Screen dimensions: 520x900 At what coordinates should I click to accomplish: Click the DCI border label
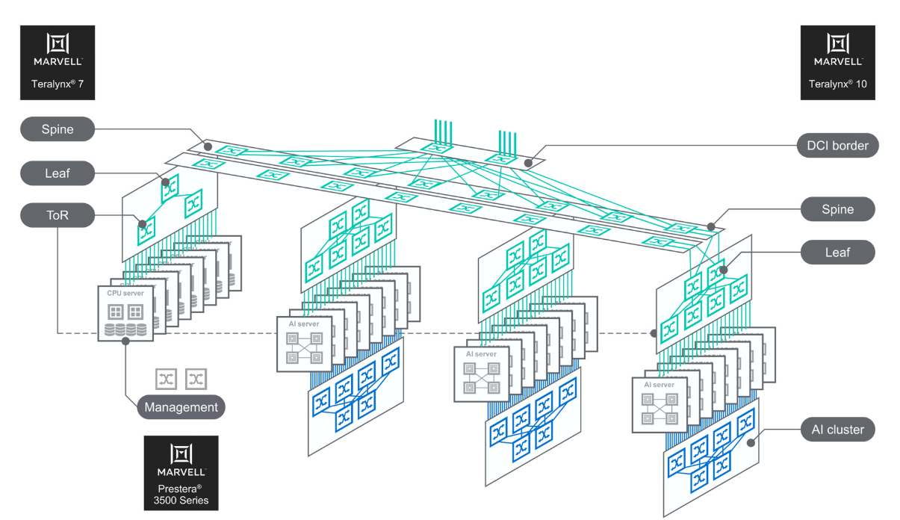pos(838,146)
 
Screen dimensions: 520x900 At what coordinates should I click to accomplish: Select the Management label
pos(181,407)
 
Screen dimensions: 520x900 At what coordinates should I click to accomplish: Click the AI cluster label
pos(837,430)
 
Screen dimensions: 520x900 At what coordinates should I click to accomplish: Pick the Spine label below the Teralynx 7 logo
pos(58,129)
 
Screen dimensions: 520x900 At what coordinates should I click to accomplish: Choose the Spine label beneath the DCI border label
pos(837,209)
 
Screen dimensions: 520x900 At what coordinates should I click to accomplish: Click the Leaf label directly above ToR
pos(58,174)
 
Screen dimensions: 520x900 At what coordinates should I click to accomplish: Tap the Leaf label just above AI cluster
pos(837,253)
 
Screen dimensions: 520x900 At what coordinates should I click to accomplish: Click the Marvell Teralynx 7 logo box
pos(58,63)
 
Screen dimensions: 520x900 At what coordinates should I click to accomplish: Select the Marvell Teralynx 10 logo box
pos(837,63)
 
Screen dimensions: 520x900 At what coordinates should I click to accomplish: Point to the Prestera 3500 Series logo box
pos(181,472)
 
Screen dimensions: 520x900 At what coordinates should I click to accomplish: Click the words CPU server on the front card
pos(125,294)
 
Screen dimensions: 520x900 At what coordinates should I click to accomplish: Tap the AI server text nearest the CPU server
pos(304,324)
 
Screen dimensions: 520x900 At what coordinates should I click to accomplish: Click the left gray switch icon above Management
pos(167,379)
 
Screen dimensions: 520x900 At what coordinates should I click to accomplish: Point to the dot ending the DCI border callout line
pos(528,162)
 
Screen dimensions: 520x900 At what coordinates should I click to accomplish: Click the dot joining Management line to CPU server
pos(125,341)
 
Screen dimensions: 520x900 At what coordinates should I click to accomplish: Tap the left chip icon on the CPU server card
pos(116,311)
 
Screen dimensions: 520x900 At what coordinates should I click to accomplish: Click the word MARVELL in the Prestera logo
pos(181,472)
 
